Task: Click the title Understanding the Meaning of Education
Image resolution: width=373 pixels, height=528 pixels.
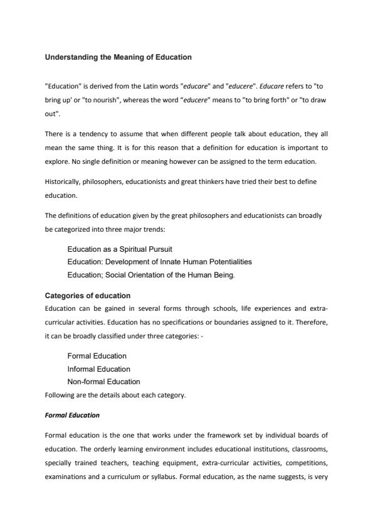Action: coord(118,57)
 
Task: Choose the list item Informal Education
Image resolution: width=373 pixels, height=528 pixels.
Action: coord(98,369)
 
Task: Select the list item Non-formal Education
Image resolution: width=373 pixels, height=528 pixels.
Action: coord(103,381)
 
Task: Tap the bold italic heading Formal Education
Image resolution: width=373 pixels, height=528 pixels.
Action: coord(72,416)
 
